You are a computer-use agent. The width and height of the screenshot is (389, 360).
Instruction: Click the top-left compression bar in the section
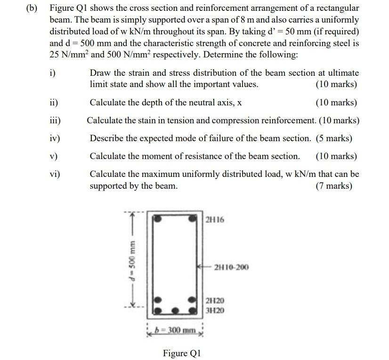click(x=159, y=219)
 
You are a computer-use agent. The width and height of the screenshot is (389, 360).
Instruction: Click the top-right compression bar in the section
click(x=192, y=219)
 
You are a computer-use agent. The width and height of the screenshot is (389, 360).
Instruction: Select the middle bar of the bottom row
click(x=175, y=311)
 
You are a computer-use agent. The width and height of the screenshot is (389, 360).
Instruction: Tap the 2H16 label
click(x=215, y=220)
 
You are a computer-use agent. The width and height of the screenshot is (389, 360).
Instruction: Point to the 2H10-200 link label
click(x=231, y=267)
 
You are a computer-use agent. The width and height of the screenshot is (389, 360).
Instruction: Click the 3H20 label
click(x=215, y=310)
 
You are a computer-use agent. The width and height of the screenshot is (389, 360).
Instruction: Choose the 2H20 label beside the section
click(x=215, y=300)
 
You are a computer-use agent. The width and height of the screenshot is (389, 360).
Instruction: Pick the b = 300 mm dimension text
click(x=176, y=330)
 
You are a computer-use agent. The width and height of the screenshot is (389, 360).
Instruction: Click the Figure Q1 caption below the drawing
click(x=182, y=353)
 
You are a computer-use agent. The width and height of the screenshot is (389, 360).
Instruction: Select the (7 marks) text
click(x=333, y=186)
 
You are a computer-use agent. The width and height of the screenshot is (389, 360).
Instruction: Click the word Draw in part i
click(x=99, y=73)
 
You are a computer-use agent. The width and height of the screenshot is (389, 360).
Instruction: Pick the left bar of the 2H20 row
click(x=159, y=300)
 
